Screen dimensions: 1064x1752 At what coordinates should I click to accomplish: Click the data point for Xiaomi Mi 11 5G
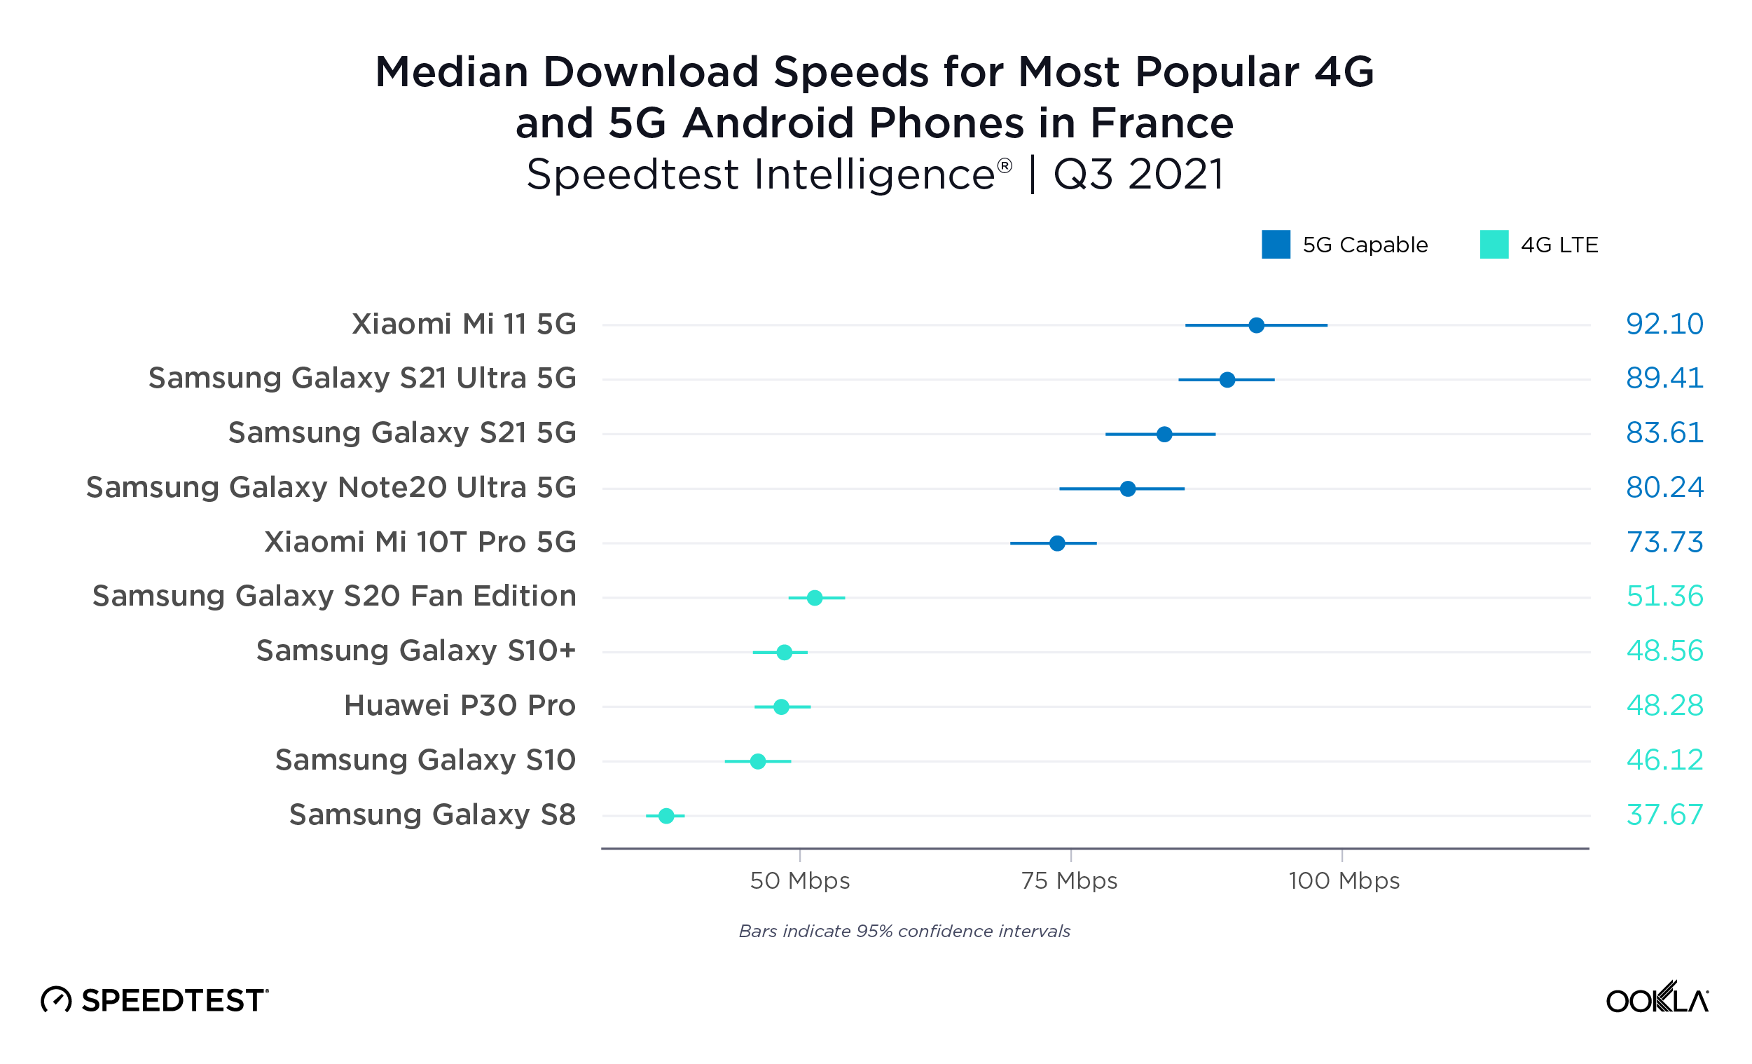tap(1257, 325)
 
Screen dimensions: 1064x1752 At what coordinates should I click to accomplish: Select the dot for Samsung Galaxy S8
tap(666, 816)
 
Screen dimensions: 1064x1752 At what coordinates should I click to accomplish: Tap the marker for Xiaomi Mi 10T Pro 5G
tap(1057, 543)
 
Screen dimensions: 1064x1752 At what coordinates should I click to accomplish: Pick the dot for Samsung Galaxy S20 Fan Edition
tap(815, 598)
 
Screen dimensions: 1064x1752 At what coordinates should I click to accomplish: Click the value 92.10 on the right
tap(1664, 325)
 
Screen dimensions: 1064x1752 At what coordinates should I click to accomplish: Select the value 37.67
tap(1664, 814)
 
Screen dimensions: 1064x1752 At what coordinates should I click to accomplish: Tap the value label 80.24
tap(1664, 488)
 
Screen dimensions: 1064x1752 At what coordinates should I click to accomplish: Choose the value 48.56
tap(1664, 650)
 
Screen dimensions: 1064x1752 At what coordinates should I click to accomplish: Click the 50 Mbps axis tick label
tap(800, 880)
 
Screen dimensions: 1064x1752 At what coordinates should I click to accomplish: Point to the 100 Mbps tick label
tap(1343, 880)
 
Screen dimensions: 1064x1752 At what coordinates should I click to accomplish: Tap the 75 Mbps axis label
tap(1070, 880)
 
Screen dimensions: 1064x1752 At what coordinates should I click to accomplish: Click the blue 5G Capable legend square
tap(1276, 245)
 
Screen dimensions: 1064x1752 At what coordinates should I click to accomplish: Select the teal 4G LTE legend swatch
tap(1494, 245)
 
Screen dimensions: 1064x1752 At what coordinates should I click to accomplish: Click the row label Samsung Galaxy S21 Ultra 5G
tap(362, 378)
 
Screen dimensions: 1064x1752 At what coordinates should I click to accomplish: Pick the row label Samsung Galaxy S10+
tap(416, 650)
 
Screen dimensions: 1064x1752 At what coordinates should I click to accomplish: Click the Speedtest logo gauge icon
tap(56, 1000)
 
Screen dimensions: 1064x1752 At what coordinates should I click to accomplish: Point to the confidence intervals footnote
tap(904, 931)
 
